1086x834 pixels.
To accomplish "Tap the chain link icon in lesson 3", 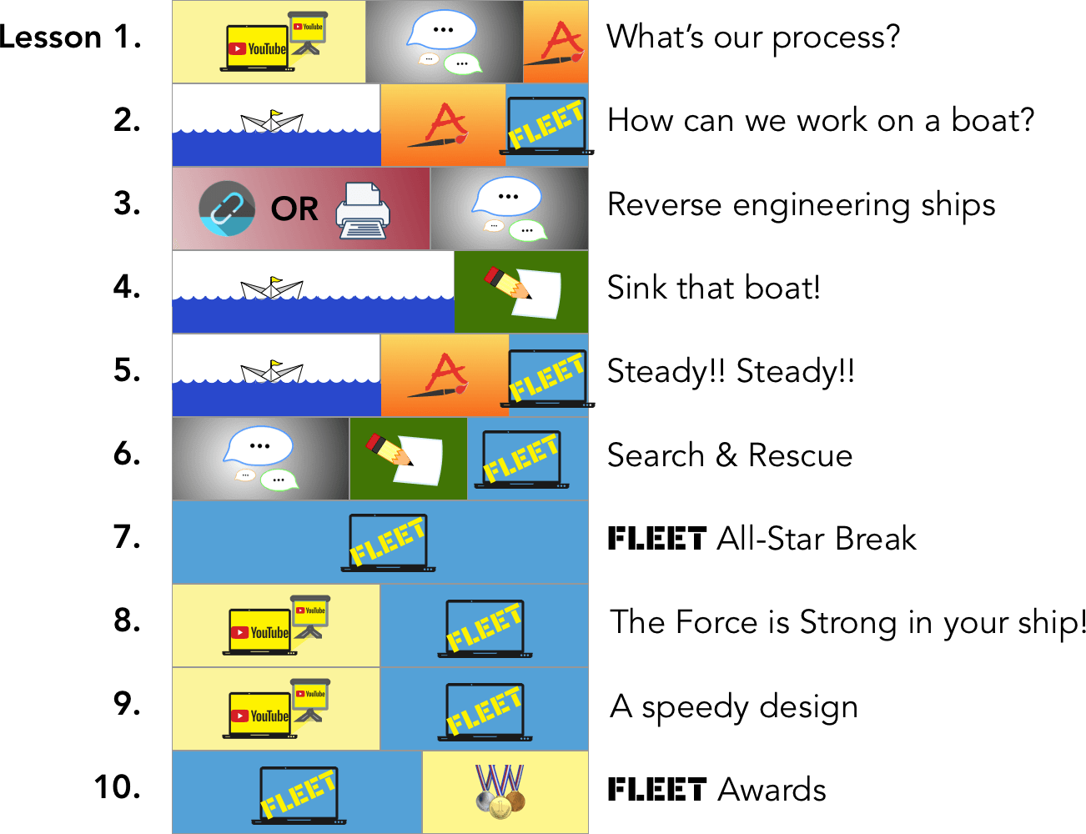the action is (x=227, y=208).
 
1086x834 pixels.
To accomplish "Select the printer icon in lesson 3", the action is (x=363, y=211).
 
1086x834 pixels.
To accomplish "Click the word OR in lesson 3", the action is (x=294, y=208).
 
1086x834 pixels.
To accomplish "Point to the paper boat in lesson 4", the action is (x=272, y=288).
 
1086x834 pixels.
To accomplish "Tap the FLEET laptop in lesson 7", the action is (x=388, y=543).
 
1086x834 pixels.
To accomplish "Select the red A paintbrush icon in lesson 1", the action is (x=555, y=44).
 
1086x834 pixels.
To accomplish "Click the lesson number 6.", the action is (x=127, y=454).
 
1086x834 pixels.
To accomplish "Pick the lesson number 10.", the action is (x=118, y=787).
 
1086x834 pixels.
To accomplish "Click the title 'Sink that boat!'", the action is (x=714, y=288).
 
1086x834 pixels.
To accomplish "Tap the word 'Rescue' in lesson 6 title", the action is (x=800, y=455).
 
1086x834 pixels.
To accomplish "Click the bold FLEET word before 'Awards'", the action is (x=657, y=790).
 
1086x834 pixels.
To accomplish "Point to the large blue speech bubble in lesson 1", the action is (x=441, y=29).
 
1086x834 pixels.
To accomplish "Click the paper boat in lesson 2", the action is (x=272, y=122).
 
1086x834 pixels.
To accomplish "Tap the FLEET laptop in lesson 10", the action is (x=299, y=796).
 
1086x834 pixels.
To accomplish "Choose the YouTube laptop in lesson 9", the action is (x=259, y=716).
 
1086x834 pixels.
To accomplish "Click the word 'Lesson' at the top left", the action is (x=51, y=37).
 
